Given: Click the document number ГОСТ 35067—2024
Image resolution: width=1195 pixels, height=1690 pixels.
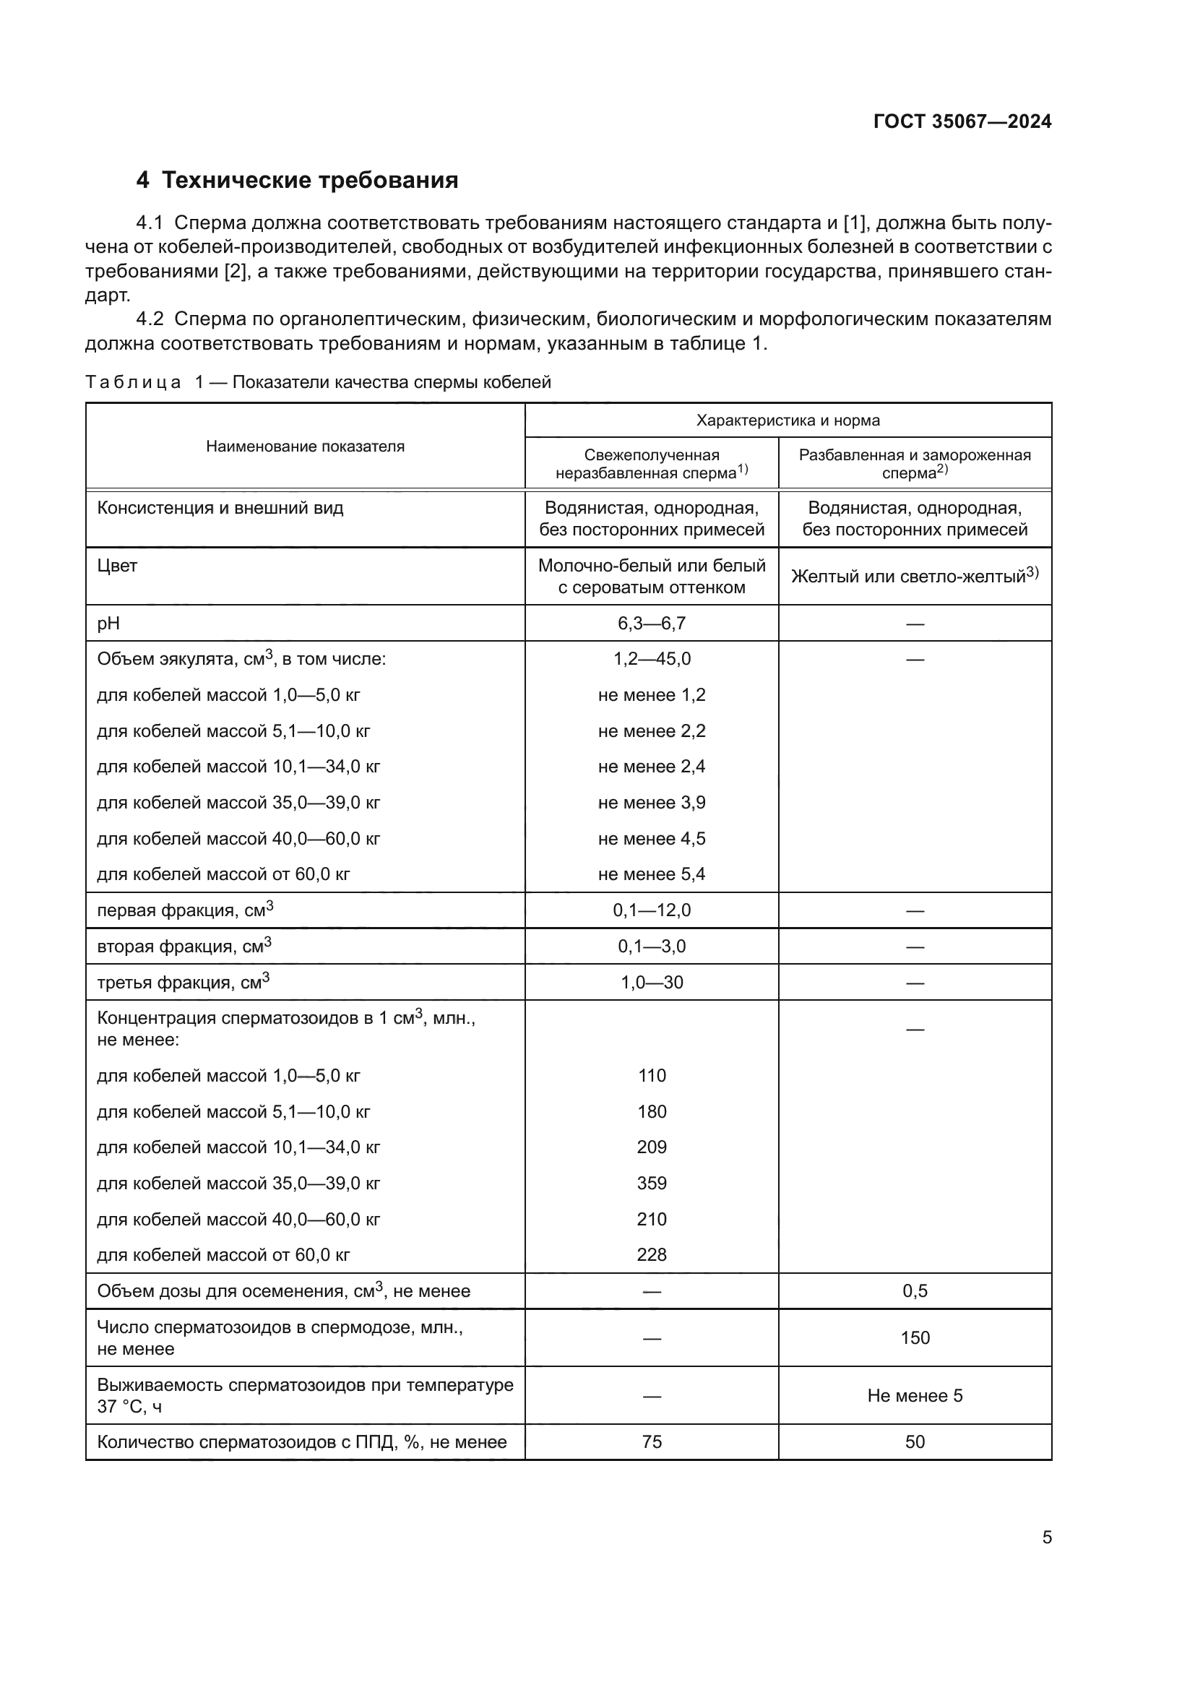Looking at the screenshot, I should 962,121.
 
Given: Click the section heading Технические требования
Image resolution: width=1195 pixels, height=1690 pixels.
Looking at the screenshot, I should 309,181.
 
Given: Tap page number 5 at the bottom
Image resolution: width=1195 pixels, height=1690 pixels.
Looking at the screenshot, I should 1046,1537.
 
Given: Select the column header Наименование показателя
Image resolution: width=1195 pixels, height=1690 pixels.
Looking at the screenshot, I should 305,446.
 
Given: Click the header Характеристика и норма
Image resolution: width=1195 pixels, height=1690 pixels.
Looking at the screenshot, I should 788,421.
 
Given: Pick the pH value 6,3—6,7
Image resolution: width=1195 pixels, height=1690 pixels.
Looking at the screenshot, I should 651,624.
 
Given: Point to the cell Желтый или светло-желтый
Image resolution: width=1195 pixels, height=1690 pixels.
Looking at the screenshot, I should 914,576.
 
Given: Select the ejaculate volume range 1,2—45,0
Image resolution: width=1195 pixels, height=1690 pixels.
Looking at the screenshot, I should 651,659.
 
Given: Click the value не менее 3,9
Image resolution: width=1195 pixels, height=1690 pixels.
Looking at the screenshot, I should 651,802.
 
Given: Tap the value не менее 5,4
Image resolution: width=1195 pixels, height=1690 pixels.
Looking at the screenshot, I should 651,874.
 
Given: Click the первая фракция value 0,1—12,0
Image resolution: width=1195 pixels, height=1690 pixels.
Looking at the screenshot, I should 651,910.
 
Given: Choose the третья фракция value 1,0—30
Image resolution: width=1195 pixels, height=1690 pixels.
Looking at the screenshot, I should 651,982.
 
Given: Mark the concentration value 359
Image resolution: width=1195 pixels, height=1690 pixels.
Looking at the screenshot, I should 651,1183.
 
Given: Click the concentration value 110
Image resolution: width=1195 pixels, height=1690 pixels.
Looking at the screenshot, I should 651,1075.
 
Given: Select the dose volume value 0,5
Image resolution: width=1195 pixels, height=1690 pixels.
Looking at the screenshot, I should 915,1290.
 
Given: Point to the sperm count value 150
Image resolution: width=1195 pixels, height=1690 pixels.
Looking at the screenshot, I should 915,1337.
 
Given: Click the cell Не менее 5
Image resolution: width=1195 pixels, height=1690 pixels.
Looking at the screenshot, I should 915,1396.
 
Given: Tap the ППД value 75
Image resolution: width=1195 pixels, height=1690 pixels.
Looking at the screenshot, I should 651,1441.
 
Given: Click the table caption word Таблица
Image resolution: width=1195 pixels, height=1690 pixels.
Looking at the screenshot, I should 133,382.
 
